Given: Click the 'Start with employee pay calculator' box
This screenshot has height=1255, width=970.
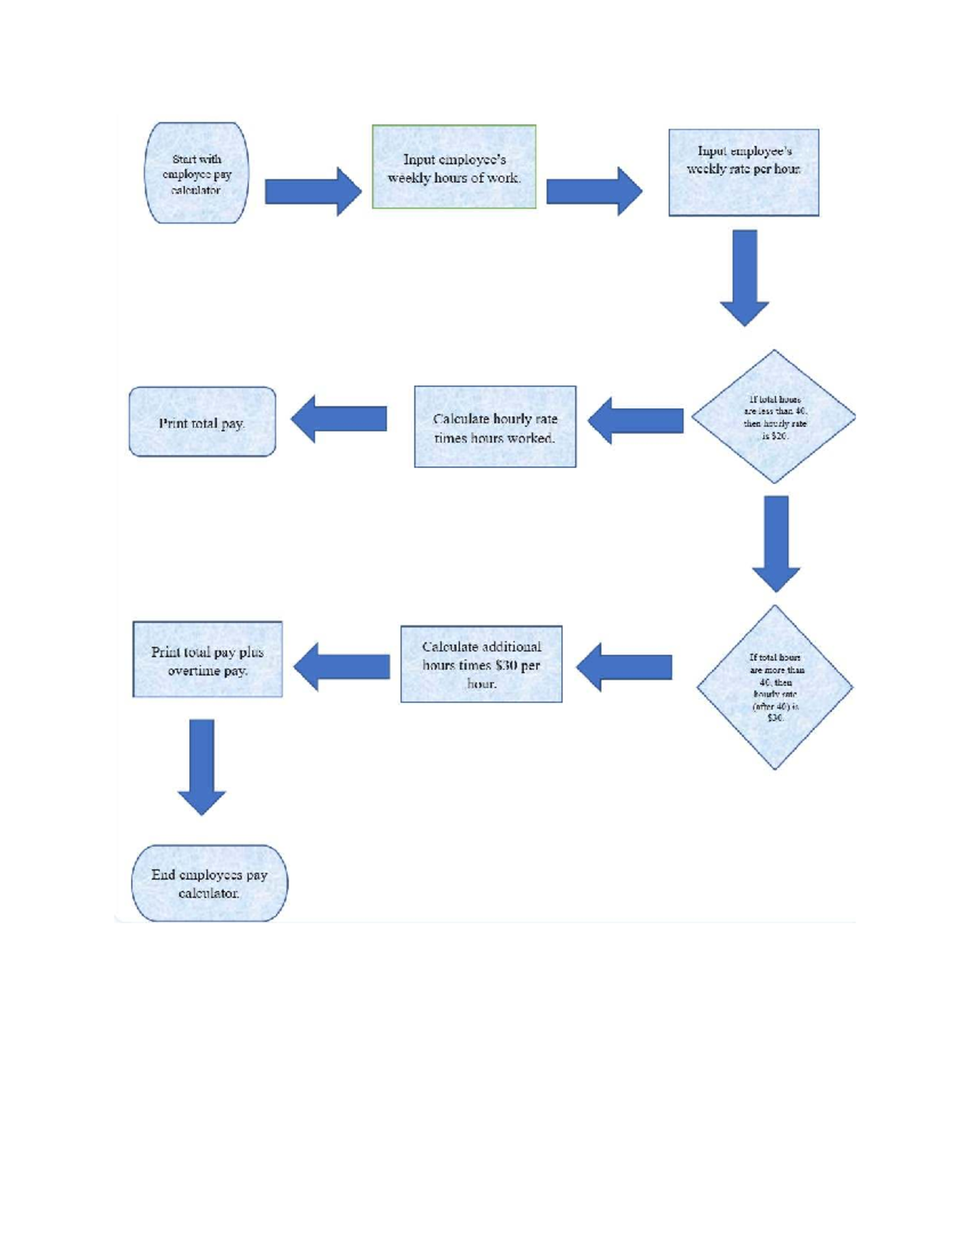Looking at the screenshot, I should (196, 173).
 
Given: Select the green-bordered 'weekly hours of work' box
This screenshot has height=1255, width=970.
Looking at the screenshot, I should (453, 167).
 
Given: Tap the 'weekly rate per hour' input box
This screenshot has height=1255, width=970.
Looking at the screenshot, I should (744, 172).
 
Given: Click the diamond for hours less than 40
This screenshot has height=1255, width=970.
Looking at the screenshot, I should (774, 417).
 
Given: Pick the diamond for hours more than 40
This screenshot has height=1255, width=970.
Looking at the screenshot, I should (775, 688).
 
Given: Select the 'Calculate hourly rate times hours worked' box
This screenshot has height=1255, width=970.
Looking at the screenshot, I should (495, 427).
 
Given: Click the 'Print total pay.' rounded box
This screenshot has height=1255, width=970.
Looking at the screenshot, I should (202, 422).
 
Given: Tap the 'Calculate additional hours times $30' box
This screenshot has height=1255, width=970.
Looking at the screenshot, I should (481, 664).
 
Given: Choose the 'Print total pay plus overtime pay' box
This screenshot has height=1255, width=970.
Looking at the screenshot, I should (208, 659).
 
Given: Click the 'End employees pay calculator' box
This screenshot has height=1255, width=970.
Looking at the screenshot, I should (209, 883).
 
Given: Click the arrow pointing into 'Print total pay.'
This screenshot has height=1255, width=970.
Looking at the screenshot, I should (339, 419).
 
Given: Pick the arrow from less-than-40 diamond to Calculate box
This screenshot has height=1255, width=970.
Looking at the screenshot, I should (635, 420).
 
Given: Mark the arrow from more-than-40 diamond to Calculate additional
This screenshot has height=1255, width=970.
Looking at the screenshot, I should (624, 668).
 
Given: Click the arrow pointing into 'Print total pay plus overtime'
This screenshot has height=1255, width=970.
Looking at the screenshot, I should (341, 667).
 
